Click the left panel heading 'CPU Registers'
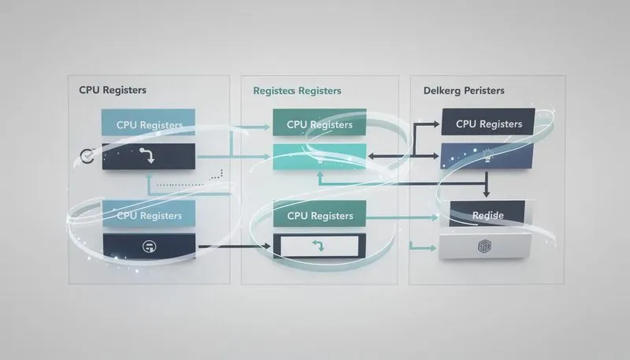coord(113,90)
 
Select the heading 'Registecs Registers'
coord(297,91)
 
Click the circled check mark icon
coord(87,156)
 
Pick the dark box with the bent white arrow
coord(147,156)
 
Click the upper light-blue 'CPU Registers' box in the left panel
coord(149,124)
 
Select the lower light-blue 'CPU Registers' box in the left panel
coord(149,214)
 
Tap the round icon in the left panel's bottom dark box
coord(147,247)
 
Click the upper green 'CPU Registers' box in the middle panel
coord(320,124)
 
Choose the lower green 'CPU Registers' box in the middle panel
coord(320,215)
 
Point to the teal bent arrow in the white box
coord(319,247)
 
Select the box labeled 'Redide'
coord(487,214)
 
